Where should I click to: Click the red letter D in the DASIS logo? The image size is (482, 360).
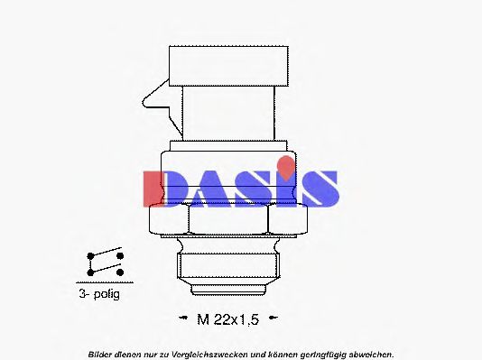pyautogui.click(x=162, y=187)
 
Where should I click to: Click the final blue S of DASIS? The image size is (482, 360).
pyautogui.click(x=319, y=188)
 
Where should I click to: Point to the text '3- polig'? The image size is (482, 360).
pyautogui.click(x=98, y=294)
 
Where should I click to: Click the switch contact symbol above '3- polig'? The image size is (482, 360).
pyautogui.click(x=105, y=263)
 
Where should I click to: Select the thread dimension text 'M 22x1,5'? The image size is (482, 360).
pyautogui.click(x=230, y=318)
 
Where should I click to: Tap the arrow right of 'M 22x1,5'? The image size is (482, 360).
pyautogui.click(x=274, y=318)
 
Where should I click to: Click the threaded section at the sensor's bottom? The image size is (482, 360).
pyautogui.click(x=227, y=268)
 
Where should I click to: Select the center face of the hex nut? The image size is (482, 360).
pyautogui.click(x=228, y=219)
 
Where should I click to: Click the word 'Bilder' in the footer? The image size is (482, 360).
pyautogui.click(x=102, y=353)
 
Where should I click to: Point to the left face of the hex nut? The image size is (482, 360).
pyautogui.click(x=168, y=219)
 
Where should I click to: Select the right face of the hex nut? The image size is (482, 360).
pyautogui.click(x=289, y=219)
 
